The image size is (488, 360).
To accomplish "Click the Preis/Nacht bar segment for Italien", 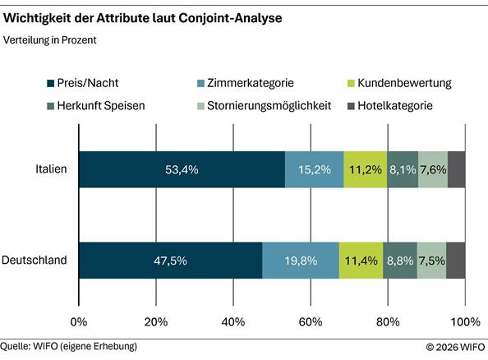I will tap(182, 170).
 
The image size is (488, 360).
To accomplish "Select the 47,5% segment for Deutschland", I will tap(171, 261).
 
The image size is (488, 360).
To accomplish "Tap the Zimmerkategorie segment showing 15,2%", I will tap(314, 170).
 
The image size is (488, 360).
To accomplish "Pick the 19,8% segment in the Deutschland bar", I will tap(300, 261).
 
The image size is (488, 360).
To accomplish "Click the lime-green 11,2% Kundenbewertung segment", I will tap(366, 170).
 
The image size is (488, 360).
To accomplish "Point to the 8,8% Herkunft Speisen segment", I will tap(400, 261).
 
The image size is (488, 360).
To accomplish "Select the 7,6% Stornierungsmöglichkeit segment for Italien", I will tap(433, 170).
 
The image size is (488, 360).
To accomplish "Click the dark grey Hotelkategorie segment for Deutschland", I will tap(456, 261).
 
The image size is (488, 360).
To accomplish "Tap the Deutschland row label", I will tap(35, 261).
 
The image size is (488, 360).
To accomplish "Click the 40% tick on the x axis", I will tap(233, 321).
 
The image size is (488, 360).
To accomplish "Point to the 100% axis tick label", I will tap(466, 321).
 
